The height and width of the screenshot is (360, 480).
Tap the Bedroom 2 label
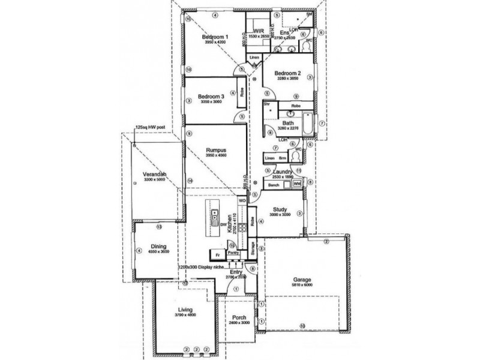(288, 72)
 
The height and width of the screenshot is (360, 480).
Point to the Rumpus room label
(215, 151)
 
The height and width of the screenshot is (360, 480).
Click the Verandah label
(154, 174)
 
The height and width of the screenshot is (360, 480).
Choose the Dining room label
(159, 246)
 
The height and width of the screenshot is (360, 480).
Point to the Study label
(279, 209)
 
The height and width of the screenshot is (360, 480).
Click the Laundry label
(282, 172)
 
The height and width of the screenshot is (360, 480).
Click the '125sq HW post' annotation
(150, 128)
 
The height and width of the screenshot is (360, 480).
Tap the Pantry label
(234, 253)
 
